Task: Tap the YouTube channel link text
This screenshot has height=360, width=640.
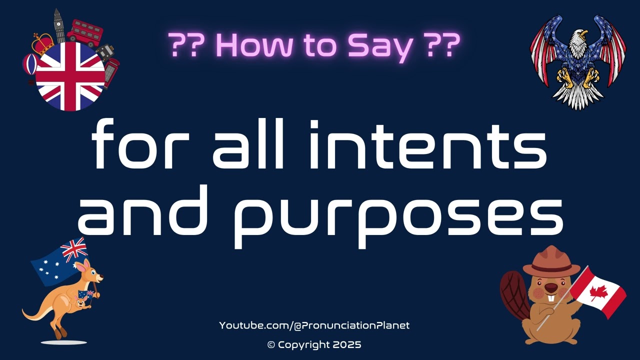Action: pos(314,325)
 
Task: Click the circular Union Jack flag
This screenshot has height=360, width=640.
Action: pos(70,76)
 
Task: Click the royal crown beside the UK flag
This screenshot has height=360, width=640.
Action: pos(43,44)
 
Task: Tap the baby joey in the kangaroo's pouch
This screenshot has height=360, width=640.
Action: pos(80,301)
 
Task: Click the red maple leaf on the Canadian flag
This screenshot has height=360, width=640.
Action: pos(598,292)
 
